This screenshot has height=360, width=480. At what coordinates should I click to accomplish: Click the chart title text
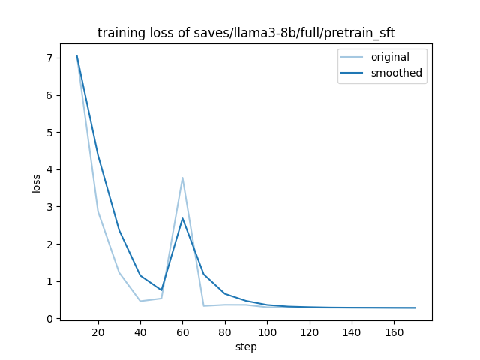pos(246,33)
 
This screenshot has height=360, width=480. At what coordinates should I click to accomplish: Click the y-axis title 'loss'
pos(36,184)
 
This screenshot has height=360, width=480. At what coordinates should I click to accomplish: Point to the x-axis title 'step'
pos(246,346)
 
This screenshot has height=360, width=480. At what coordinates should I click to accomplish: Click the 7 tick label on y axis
pos(50,58)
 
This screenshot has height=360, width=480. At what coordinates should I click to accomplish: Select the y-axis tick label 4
pos(50,169)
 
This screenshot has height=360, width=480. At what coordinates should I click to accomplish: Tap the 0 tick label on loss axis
pos(50,319)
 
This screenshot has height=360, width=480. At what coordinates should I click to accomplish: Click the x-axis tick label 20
pos(98,332)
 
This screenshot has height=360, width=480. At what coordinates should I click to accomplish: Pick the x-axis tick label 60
pos(183,332)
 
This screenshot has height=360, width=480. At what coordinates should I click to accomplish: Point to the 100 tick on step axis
pos(267,332)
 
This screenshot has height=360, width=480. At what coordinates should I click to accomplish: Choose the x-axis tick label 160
pos(394,332)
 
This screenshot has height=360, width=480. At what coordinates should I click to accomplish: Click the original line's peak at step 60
pos(183,178)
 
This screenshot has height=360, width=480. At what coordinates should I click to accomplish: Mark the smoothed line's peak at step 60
pos(183,218)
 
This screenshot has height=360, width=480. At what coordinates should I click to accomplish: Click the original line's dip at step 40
pos(140,301)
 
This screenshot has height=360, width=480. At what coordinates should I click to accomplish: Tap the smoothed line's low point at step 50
pos(161,290)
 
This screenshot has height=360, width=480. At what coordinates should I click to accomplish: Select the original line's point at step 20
pos(98,211)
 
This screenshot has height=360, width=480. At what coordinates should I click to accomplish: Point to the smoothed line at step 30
pos(119,230)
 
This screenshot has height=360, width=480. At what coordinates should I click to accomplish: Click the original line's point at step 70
pos(204,306)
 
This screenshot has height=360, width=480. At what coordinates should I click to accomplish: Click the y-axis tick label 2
pos(50,244)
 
